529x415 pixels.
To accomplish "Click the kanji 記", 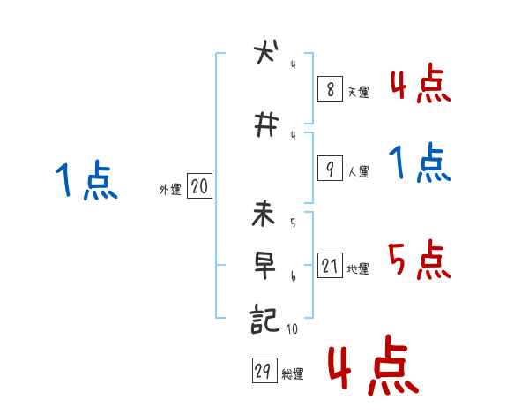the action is (265, 318).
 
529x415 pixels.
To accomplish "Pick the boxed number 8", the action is (329, 88).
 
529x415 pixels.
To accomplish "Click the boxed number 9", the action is (329, 170).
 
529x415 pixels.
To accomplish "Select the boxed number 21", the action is (330, 267).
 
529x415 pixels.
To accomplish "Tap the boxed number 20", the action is (199, 186).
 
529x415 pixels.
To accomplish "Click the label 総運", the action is (293, 374).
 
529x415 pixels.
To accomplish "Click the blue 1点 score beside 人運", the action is (419, 162).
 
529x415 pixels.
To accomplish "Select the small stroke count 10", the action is (293, 330).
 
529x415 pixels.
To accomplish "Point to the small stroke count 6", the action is (293, 276).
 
